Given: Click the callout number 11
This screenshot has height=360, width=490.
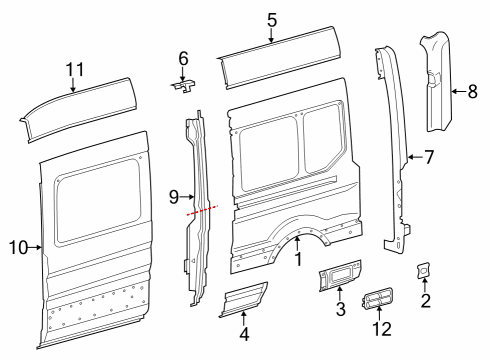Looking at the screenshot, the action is click(75, 70).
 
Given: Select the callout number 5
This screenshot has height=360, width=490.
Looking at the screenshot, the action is click(272, 20).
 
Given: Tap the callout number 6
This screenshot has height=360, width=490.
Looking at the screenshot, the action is click(183, 59).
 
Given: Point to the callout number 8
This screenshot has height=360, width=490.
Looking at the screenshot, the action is click(473, 91).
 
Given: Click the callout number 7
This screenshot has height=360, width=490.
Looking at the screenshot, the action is click(429, 157).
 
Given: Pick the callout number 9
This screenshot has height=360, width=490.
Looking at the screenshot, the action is click(174, 197).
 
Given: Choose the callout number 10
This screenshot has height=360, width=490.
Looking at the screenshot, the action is click(18, 248).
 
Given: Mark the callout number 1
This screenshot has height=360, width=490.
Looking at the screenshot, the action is click(298, 259).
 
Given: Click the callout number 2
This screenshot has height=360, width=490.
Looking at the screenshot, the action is click(426, 301).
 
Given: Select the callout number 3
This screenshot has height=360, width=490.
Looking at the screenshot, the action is click(340, 309).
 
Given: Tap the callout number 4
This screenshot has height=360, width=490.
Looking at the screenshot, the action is click(244, 334).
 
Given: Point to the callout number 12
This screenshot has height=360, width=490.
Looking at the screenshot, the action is click(382, 329).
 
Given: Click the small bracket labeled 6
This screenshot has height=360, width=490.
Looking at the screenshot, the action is click(184, 86).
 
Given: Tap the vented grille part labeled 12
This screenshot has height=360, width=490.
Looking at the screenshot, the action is click(377, 298).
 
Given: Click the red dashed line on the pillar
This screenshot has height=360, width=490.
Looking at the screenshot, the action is click(202, 211).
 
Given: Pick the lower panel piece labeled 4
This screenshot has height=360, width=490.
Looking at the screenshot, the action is click(243, 299).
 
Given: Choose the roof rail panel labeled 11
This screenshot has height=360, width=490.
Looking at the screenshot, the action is click(78, 109).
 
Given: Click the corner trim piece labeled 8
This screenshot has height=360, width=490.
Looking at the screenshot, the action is click(436, 82).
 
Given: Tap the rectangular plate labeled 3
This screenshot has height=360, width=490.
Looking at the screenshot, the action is click(340, 275).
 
